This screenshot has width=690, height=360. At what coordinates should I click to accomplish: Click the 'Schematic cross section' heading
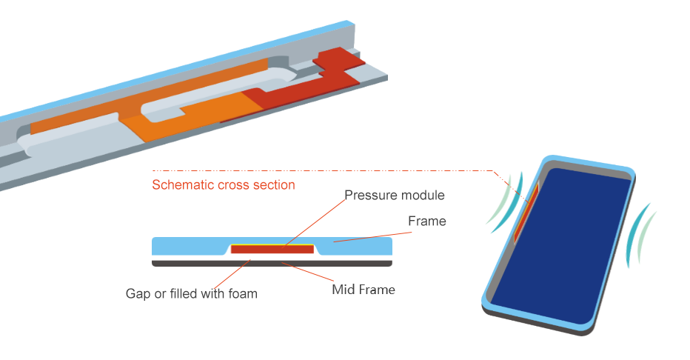click(x=223, y=185)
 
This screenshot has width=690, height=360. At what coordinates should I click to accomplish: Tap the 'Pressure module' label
click(x=395, y=196)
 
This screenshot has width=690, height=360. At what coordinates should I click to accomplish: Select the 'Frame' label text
click(x=427, y=221)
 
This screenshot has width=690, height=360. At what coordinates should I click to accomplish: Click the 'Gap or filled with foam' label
click(x=191, y=293)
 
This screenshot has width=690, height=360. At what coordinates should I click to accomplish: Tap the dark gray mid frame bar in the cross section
click(x=271, y=262)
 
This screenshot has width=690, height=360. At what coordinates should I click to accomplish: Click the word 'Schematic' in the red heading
click(x=181, y=185)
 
